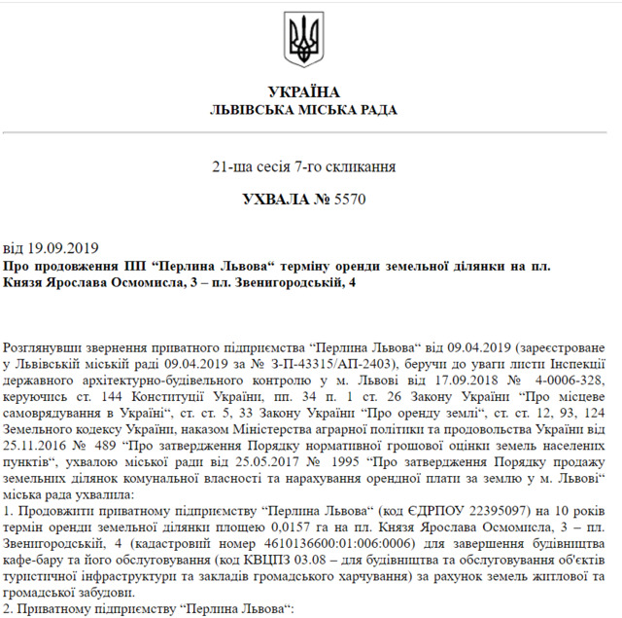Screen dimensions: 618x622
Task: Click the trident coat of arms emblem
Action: click(x=304, y=40)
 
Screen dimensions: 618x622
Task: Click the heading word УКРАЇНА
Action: click(x=303, y=92)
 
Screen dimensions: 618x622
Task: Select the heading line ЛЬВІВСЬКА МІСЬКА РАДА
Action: click(x=303, y=110)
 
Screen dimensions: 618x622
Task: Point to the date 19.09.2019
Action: click(x=59, y=247)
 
